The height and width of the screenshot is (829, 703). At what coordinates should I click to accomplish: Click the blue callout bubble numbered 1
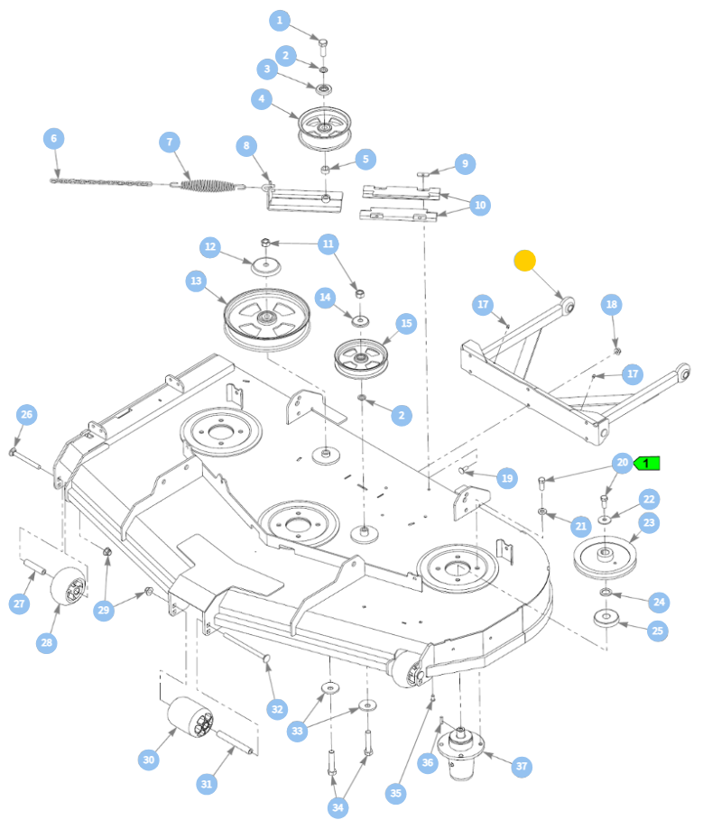click(x=280, y=21)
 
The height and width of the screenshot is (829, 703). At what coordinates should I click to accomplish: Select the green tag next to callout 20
click(x=647, y=464)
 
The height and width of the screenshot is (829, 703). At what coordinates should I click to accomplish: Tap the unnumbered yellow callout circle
click(x=524, y=261)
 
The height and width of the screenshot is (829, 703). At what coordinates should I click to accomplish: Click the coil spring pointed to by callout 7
click(x=207, y=185)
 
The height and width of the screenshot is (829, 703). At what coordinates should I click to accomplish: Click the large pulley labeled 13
click(x=266, y=319)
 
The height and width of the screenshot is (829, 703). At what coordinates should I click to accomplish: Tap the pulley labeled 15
click(x=361, y=359)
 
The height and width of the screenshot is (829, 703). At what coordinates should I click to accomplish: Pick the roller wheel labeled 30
click(x=190, y=717)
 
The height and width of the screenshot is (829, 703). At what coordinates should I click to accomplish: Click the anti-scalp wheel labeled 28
click(x=69, y=586)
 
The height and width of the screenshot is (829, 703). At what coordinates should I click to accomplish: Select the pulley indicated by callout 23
click(x=606, y=557)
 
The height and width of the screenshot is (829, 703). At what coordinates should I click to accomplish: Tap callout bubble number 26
click(x=27, y=415)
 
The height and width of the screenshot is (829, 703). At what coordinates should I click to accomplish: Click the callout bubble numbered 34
click(x=338, y=807)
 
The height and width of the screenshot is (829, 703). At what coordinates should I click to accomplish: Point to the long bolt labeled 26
click(x=25, y=458)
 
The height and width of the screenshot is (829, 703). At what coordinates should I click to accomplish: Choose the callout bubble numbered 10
click(x=480, y=205)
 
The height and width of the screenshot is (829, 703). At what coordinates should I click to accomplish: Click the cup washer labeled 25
click(x=606, y=618)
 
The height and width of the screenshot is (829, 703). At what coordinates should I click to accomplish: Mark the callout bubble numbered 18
click(x=612, y=305)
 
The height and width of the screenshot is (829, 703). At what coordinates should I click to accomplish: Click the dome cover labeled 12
click(x=265, y=266)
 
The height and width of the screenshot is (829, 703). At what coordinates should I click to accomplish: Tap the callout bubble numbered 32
click(x=277, y=709)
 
